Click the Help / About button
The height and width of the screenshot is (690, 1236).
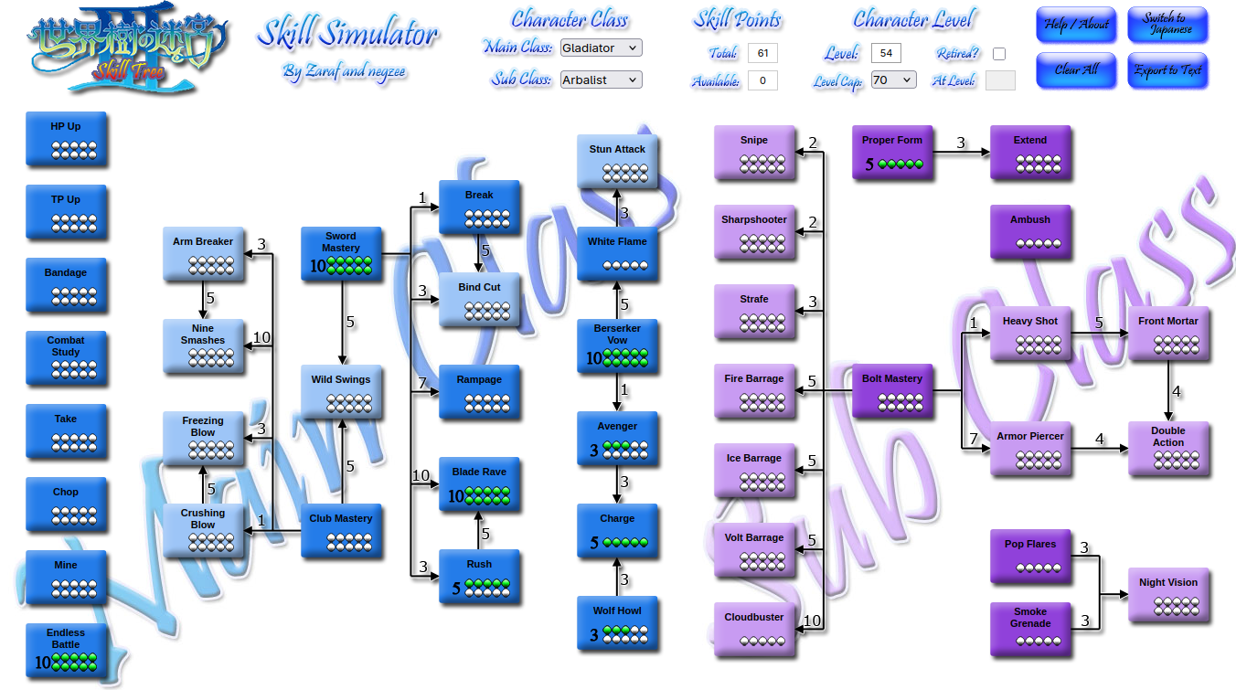(1076, 25)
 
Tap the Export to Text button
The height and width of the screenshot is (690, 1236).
(1167, 70)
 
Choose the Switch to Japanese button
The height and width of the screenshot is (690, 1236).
(1167, 25)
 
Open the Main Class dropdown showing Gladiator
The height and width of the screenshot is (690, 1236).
(602, 48)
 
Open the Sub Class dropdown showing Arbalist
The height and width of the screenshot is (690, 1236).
(602, 80)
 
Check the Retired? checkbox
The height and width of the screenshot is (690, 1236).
(999, 54)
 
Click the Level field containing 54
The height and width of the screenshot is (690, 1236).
(886, 54)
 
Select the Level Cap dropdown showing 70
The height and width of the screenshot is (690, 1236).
(893, 80)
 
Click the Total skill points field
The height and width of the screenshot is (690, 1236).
(762, 54)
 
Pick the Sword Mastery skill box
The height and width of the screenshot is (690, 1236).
(341, 254)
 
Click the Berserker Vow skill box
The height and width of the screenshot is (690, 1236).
(617, 345)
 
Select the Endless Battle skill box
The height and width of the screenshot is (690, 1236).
(66, 650)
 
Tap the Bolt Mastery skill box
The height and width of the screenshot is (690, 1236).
(891, 390)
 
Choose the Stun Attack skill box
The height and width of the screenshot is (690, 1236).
(617, 161)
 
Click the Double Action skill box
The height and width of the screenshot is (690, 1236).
(1167, 448)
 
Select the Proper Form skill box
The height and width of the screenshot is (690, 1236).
(891, 152)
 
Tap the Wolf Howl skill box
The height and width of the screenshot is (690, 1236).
(617, 622)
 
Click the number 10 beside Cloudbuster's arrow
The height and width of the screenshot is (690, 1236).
(812, 621)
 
